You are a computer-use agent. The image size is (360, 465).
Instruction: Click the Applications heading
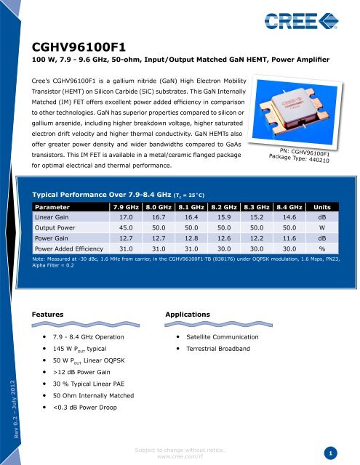(x=191, y=313)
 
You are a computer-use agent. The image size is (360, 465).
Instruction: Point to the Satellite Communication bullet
(x=222, y=338)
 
